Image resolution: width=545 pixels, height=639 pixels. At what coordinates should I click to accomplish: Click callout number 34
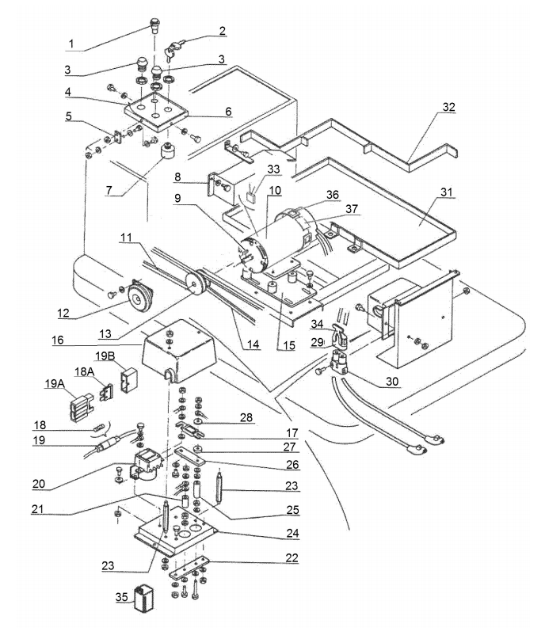click(318, 324)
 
